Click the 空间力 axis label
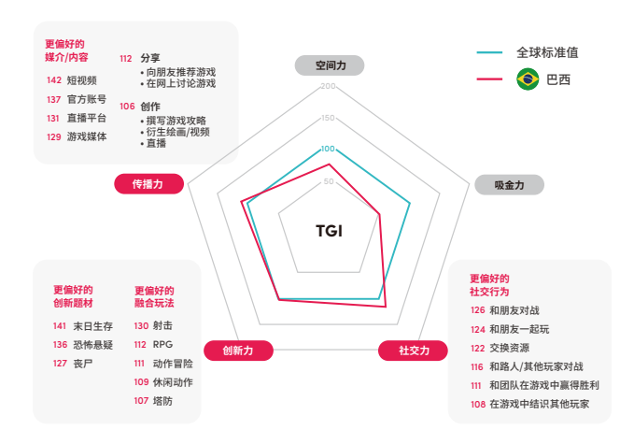coord(330,65)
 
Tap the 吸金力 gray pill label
coord(509,185)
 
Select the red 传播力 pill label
coord(148,184)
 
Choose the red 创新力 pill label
coord(238,351)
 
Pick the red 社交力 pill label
coord(413,351)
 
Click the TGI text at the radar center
coord(329,231)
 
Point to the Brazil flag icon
coord(528,79)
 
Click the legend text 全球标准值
coord(547,52)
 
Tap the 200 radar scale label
coord(328,86)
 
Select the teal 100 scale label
coord(328,149)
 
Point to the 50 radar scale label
coord(329,181)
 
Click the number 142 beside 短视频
coord(54,80)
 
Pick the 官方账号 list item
coord(87,99)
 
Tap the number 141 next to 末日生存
coord(60,326)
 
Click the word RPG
coord(162,344)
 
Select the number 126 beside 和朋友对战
coord(477,310)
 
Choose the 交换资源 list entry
coord(510,348)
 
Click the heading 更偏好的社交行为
coord(489,285)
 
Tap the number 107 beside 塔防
coord(141,401)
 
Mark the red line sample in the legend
coord(489,79)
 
